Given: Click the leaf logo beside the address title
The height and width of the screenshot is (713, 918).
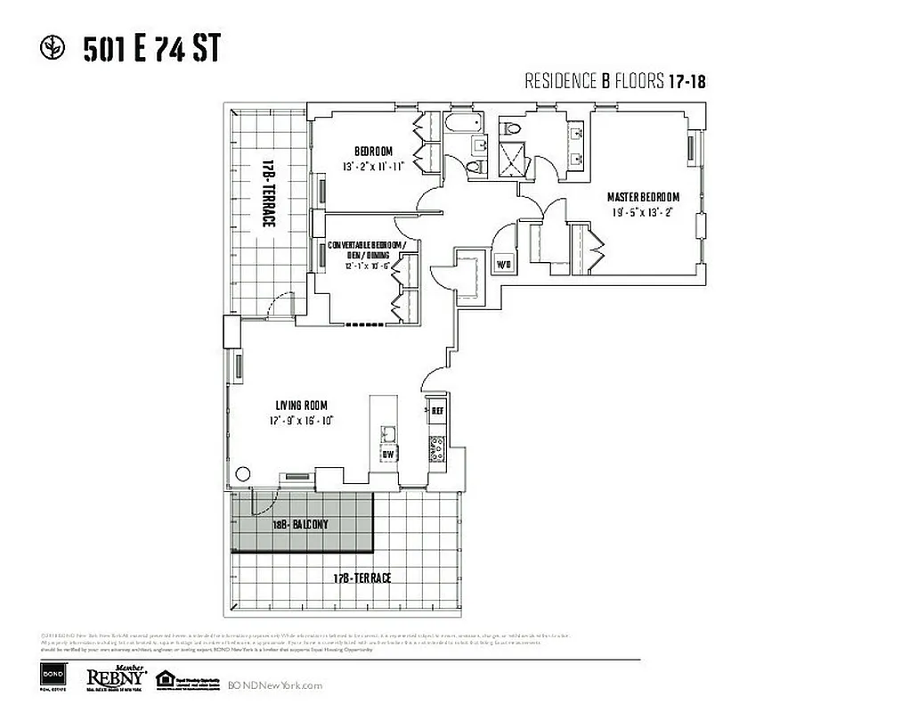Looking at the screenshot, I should pos(53,48).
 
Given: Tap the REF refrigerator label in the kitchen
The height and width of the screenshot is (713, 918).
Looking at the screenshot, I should pos(437,412).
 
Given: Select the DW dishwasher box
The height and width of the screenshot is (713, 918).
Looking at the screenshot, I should pos(388,454).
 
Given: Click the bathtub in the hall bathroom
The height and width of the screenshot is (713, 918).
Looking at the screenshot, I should pos(462,124).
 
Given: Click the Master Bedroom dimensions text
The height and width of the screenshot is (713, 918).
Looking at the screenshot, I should pos(643,212).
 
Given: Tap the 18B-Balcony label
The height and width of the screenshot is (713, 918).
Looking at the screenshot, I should pos(300,525).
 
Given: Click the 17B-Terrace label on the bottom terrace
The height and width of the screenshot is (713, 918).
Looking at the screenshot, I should pos(362,578).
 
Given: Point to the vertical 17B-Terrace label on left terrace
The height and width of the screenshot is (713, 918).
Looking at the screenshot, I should pos(266,193).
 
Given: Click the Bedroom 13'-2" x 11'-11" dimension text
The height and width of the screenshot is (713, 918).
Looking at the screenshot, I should pos(373,167).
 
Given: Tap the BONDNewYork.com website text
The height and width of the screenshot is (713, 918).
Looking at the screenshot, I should pos(275,685).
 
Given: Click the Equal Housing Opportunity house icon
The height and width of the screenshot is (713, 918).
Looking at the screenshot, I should pos(164,679).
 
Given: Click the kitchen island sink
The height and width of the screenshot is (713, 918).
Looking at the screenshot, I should pos(388,434).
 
